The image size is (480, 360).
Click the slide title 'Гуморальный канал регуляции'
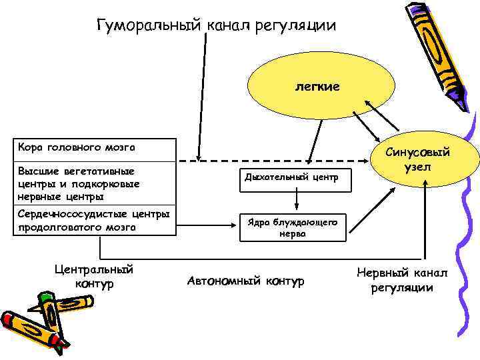coord(216,25)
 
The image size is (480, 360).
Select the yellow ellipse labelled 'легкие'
coord(317,87)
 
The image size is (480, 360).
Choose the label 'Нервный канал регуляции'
coord(403,281)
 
